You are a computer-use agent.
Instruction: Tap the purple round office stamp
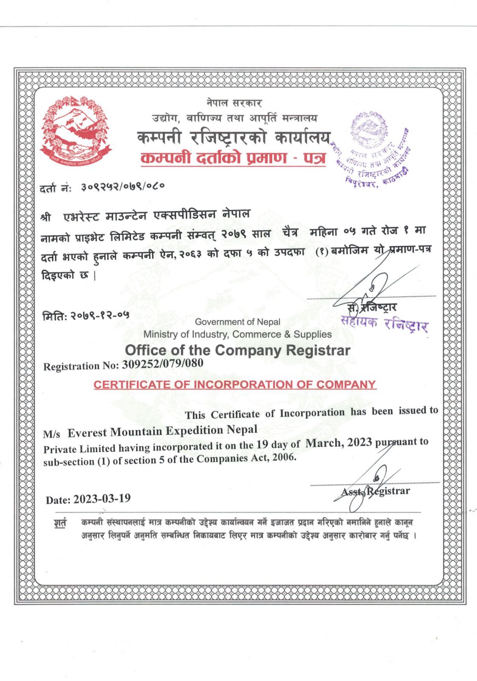(374, 149)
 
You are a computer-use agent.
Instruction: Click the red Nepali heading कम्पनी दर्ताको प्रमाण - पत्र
(233, 158)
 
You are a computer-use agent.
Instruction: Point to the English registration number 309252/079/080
(162, 364)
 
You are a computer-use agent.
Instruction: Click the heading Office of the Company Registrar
(237, 350)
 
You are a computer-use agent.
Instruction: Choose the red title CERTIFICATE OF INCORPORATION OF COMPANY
(234, 384)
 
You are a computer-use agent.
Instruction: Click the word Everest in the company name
(87, 433)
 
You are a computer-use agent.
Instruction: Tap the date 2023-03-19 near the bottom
(102, 498)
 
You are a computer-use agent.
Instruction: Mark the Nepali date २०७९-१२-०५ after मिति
(100, 315)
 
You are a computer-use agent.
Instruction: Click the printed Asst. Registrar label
(375, 492)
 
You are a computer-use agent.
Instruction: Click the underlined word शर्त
(60, 523)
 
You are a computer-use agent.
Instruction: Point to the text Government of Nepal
(237, 322)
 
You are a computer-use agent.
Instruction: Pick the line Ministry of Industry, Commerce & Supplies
(237, 335)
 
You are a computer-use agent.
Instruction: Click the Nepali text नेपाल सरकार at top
(234, 103)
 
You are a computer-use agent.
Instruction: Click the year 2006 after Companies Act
(283, 458)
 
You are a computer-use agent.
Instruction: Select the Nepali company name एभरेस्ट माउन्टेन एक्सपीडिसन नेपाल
(156, 215)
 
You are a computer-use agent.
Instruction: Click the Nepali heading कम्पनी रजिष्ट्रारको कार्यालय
(233, 137)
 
